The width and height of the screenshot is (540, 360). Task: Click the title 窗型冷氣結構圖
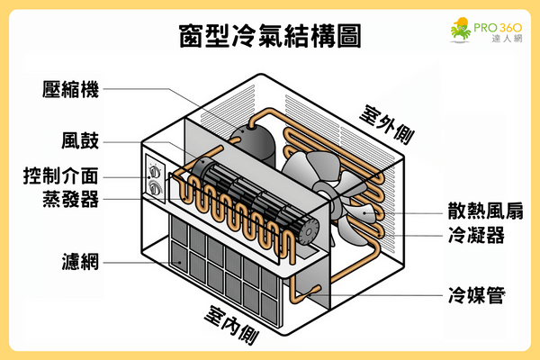click(x=270, y=38)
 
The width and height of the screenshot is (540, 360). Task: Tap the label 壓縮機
click(x=69, y=89)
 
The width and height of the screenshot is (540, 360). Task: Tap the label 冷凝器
click(x=475, y=236)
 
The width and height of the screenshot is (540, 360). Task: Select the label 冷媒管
click(x=475, y=294)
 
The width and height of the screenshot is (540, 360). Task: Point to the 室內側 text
click(x=233, y=328)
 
